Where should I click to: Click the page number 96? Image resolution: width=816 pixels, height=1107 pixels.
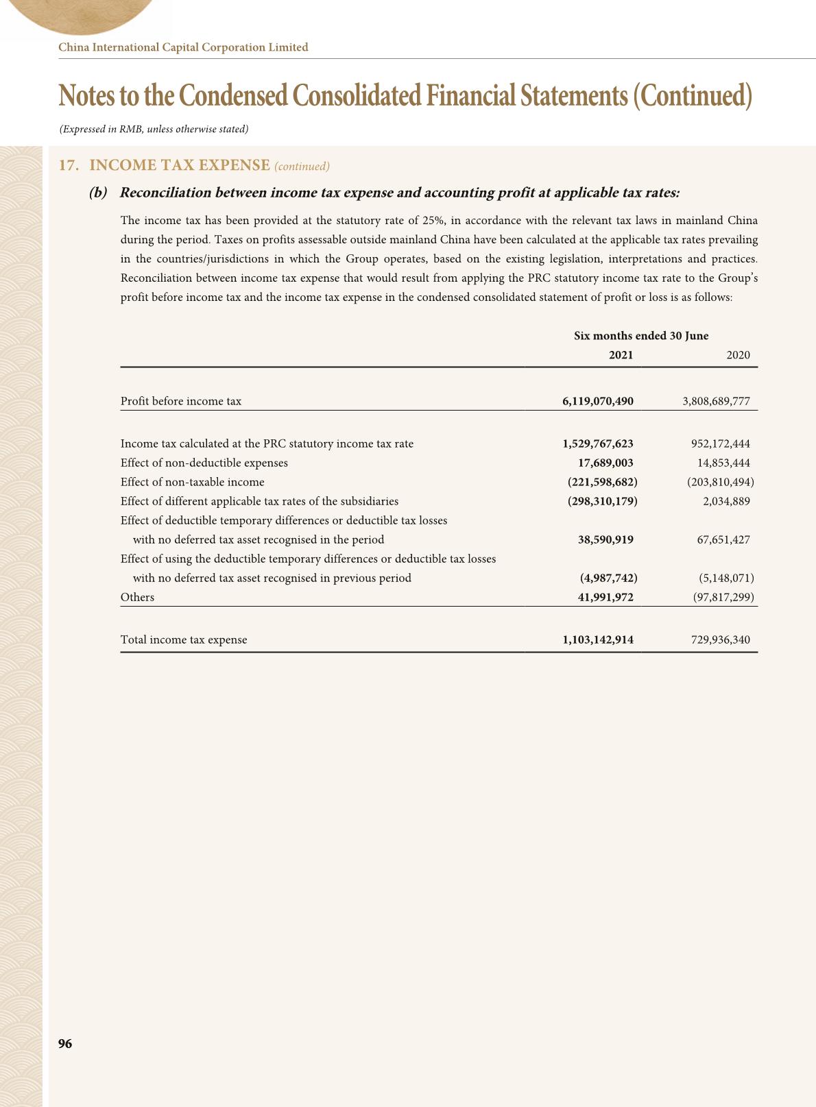click(x=65, y=1043)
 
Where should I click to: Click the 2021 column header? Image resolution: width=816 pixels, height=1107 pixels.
click(x=621, y=355)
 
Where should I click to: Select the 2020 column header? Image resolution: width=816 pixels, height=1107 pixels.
click(x=738, y=355)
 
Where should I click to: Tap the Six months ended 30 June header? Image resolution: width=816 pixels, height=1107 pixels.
click(x=641, y=336)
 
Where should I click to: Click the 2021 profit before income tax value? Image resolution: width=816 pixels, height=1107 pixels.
click(x=597, y=401)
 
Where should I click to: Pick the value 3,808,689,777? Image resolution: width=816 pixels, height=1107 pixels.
click(x=716, y=401)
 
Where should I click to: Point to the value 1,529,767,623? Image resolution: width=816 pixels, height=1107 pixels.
click(x=597, y=443)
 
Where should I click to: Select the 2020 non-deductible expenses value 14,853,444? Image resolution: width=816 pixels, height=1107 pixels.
click(x=723, y=463)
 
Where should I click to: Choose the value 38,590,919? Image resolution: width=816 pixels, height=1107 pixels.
click(x=605, y=539)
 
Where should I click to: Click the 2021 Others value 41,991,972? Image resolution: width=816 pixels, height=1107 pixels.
click(x=605, y=597)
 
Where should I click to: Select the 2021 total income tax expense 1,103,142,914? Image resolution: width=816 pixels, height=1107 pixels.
click(x=597, y=640)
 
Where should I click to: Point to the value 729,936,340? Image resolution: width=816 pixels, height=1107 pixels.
click(x=721, y=640)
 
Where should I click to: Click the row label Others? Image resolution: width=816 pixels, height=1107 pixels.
click(x=137, y=597)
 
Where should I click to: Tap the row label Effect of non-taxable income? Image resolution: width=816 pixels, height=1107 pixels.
click(x=192, y=482)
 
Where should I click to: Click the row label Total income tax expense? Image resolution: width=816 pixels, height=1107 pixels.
click(x=184, y=640)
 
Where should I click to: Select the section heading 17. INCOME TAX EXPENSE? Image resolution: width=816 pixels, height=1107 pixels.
click(x=165, y=165)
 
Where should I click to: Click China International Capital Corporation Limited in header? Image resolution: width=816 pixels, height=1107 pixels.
click(x=184, y=47)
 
